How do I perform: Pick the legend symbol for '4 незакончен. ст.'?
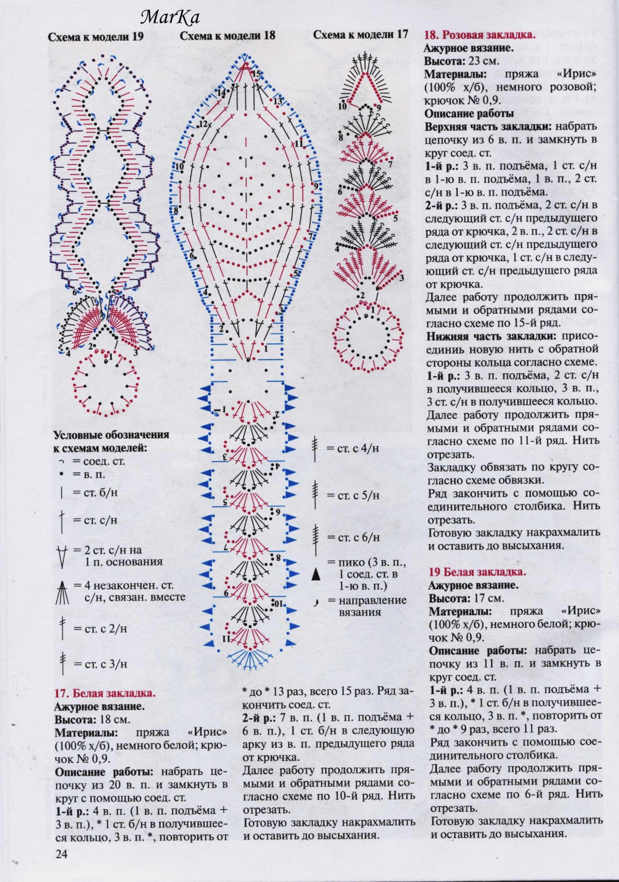(62, 593)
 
